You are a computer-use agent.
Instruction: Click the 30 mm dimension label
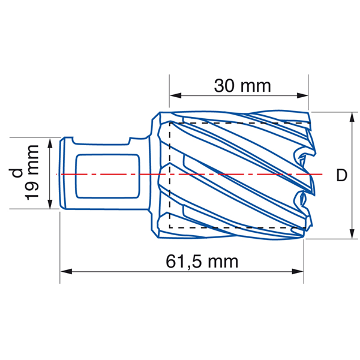tap(242, 86)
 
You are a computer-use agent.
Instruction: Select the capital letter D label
tap(341, 175)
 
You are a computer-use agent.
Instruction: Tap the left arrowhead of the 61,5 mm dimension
tap(65, 271)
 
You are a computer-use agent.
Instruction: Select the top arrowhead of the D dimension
tap(350, 116)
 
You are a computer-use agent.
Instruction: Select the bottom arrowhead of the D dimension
tap(350, 233)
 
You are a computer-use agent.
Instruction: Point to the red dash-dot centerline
tap(240, 174)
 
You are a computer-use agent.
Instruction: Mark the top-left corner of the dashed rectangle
tap(170, 122)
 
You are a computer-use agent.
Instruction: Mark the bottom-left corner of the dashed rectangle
tap(170, 228)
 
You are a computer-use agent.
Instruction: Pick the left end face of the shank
tap(62, 174)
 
